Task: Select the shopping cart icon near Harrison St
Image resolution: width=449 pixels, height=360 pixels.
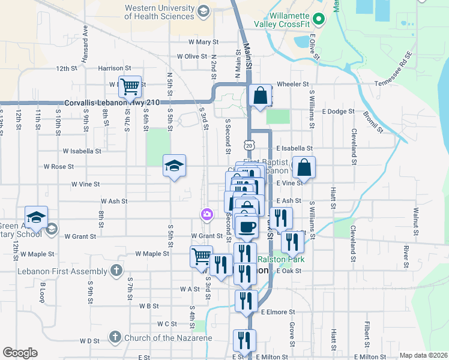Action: pos(130,88)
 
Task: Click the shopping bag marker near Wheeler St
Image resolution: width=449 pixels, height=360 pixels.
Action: pos(261,96)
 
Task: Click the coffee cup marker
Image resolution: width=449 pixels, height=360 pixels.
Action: pos(246,226)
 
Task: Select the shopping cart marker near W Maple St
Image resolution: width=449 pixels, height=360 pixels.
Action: pos(202,257)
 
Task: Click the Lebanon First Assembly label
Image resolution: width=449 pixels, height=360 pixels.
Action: pos(67,269)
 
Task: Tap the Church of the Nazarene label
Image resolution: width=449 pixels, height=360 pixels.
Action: pos(168,338)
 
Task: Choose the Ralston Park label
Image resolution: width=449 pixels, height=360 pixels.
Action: pos(282,259)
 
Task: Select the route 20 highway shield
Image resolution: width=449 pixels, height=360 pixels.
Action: pos(249,145)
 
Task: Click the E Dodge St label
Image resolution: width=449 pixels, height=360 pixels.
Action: pos(339,112)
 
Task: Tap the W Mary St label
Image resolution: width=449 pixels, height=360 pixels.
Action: pos(203,42)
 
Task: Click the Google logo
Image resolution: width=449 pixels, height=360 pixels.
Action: pos(20,353)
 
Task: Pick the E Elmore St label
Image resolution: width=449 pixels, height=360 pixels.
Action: pos(278,312)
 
